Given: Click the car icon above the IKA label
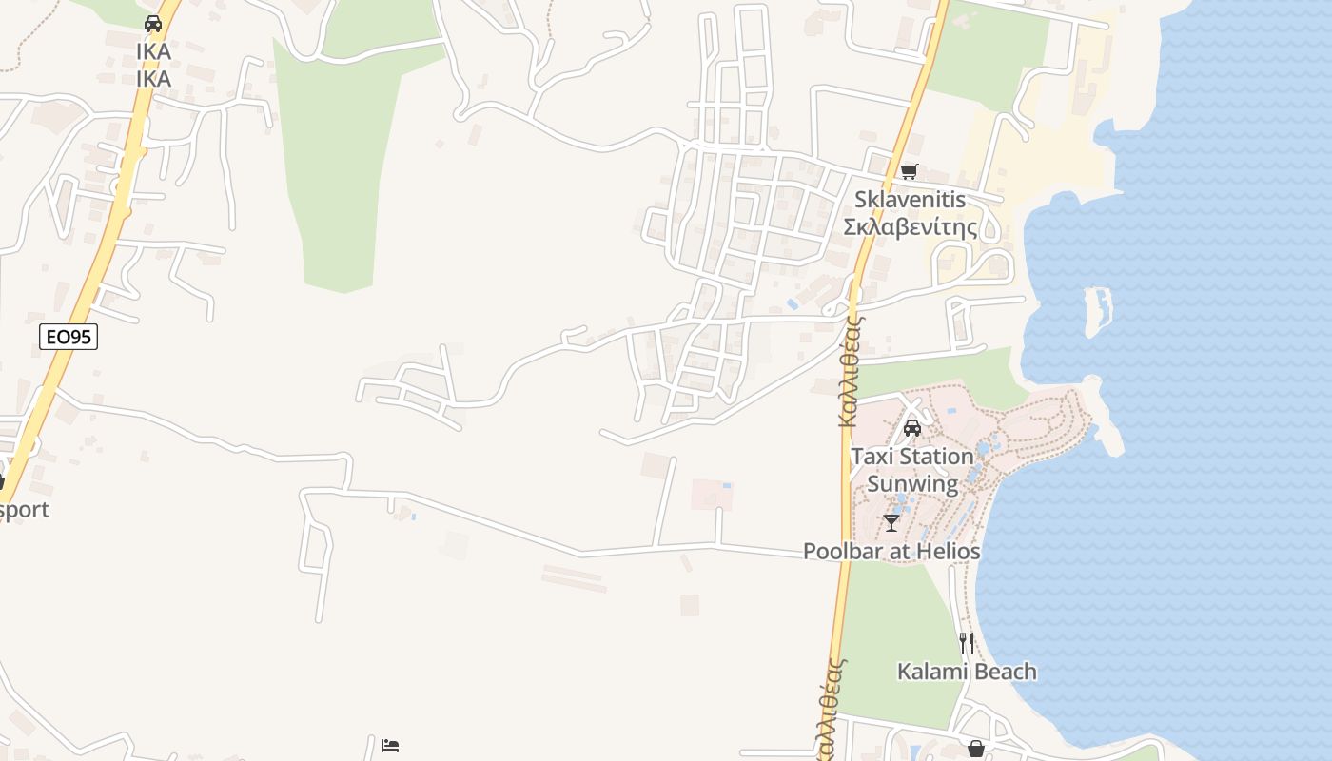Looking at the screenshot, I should [x=153, y=24].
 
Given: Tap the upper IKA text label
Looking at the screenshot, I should [x=153, y=51].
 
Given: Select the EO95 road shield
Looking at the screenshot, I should [x=69, y=336].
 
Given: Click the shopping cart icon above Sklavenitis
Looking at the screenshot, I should [x=910, y=172].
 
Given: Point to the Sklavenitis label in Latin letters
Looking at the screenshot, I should [x=910, y=200].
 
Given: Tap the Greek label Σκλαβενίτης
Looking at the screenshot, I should [x=911, y=227].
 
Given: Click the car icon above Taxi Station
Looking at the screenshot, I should [x=911, y=428].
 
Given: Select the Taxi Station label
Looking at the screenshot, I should [x=912, y=457].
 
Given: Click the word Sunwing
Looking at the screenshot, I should [x=912, y=483].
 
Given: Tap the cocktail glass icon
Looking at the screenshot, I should [x=891, y=523].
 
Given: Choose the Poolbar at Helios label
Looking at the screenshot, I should [x=891, y=551].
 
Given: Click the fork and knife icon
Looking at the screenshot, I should [x=967, y=643].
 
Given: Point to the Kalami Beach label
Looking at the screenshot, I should [x=967, y=672].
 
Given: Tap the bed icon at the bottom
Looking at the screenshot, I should [x=390, y=745].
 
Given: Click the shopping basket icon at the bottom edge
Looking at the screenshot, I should [x=975, y=749].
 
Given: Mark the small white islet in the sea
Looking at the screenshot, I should [x=1097, y=310].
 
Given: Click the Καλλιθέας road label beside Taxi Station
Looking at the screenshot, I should [x=850, y=371].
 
